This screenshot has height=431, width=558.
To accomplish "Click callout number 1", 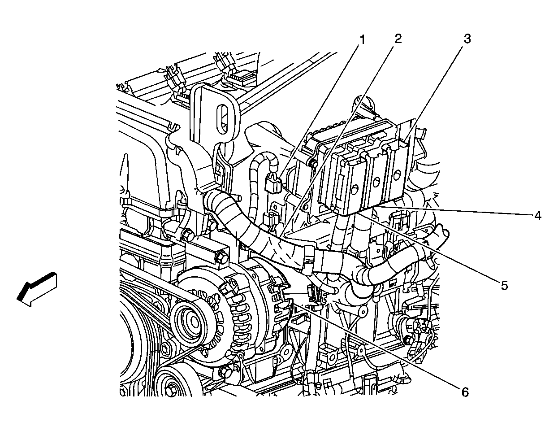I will coord(361,39).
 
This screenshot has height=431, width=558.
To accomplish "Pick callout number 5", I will coord(505,285).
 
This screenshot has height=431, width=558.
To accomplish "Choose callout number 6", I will coord(465,392).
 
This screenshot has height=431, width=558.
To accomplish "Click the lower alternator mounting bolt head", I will coord(225,372).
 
